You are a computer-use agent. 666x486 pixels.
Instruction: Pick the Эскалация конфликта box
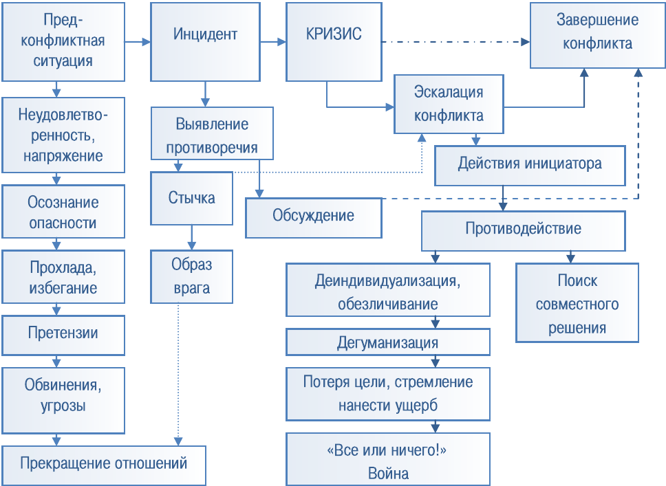pos(448,104)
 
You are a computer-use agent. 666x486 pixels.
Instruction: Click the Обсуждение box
pos(313,217)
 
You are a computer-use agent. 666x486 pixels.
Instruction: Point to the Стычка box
pos(191,199)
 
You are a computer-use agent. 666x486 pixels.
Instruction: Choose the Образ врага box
pos(191,276)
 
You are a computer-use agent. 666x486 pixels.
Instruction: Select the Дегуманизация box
pos(388,342)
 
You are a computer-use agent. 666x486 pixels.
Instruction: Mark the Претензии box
pos(63,334)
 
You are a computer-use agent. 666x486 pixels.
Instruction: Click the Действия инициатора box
pos(530,165)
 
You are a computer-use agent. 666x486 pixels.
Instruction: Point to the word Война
pos(388,474)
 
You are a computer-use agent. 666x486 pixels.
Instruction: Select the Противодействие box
pos(523,230)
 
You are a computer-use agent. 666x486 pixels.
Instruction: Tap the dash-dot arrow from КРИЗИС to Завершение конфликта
pos(454,42)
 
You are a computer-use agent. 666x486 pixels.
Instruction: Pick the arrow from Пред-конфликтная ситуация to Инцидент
pos(138,43)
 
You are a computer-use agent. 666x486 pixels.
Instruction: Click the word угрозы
pos(63,406)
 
